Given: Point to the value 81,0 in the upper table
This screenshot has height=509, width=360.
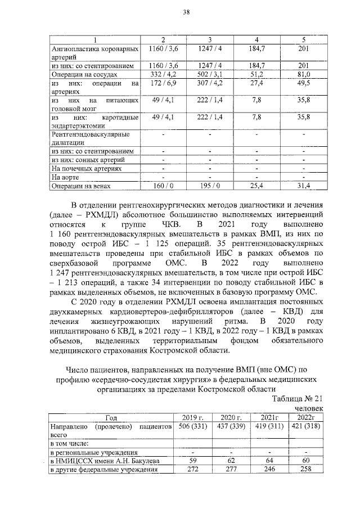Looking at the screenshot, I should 304,74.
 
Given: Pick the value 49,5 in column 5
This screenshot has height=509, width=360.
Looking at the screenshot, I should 304,83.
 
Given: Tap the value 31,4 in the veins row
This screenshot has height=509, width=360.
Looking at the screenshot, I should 304,186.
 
